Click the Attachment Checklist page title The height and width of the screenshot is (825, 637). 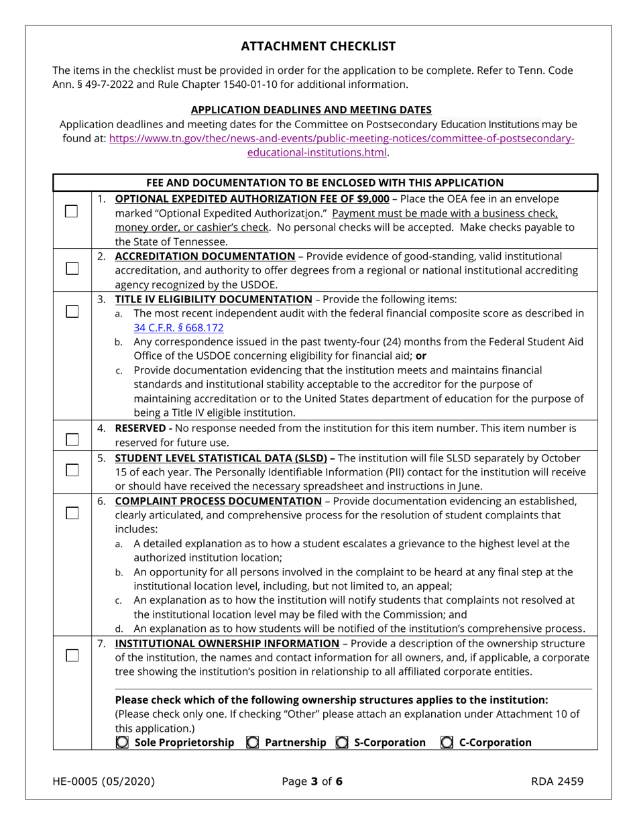point(318,46)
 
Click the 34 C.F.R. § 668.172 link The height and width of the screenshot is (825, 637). point(178,328)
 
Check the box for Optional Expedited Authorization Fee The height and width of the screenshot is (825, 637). point(72,211)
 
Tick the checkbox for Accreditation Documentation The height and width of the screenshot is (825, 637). point(72,268)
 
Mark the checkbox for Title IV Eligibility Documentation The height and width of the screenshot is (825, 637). point(72,311)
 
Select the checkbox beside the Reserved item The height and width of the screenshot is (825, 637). point(72,440)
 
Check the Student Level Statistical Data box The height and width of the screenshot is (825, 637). point(72,470)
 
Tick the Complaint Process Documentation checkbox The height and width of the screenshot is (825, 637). point(72,513)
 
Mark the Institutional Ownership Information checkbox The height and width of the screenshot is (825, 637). point(72,656)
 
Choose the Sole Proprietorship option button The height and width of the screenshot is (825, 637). point(122,742)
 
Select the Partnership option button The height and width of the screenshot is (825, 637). point(253,742)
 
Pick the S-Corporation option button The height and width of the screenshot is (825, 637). point(342,742)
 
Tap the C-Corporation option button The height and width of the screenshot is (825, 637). point(447,742)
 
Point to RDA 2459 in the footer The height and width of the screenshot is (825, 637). point(557,781)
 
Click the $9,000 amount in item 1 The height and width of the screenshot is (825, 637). point(370,199)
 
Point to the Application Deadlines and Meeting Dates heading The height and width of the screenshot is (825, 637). point(311,110)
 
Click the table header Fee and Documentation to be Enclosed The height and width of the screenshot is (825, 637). point(325,182)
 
